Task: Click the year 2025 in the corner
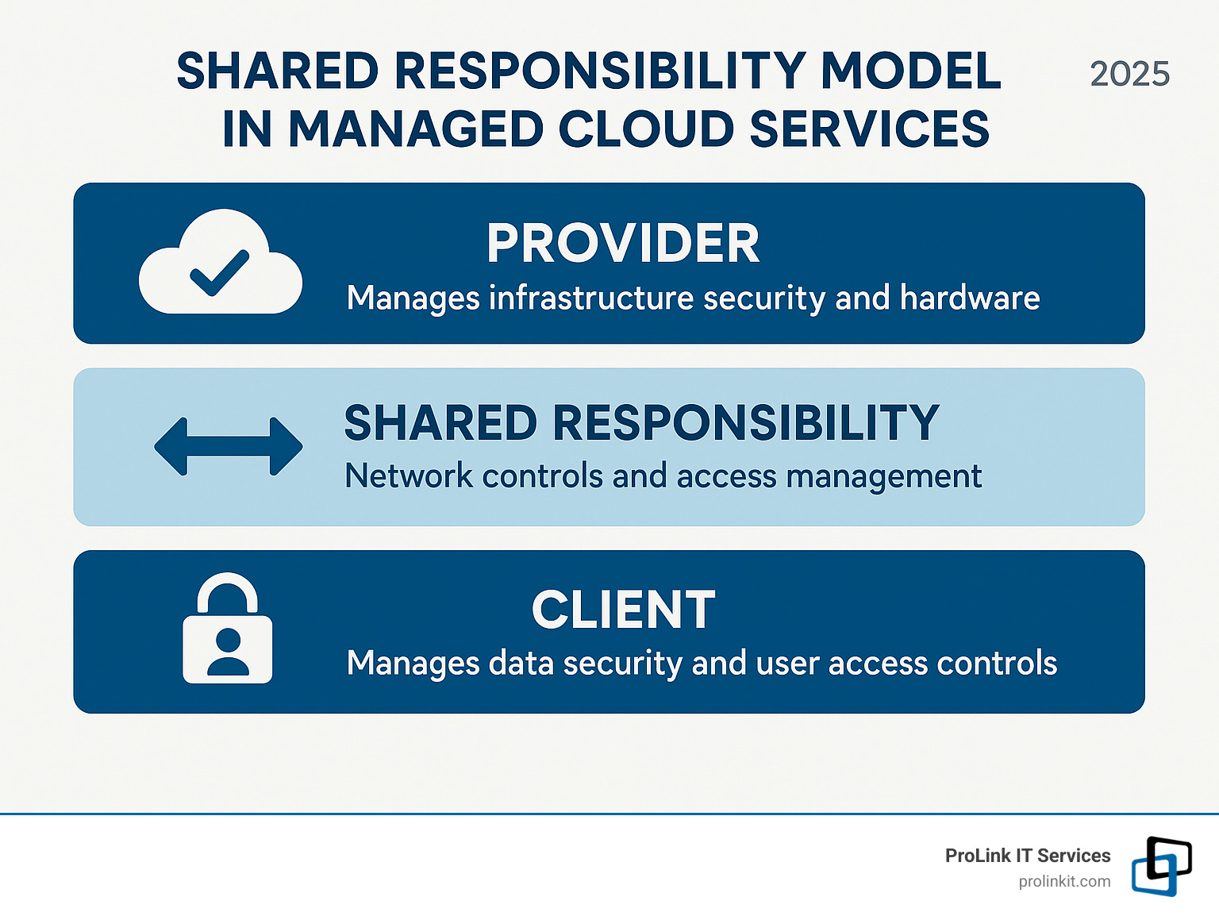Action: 1129,75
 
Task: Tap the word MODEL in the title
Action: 910,71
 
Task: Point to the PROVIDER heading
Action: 623,243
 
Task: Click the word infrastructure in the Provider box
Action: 591,298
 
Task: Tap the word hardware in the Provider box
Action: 969,298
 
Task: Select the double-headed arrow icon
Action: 228,446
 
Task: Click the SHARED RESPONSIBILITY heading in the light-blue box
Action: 641,422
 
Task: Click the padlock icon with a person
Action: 228,629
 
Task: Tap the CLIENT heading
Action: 623,610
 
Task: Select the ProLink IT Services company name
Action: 1028,856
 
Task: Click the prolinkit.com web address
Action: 1064,881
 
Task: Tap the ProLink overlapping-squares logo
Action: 1161,866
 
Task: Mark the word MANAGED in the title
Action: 415,129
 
